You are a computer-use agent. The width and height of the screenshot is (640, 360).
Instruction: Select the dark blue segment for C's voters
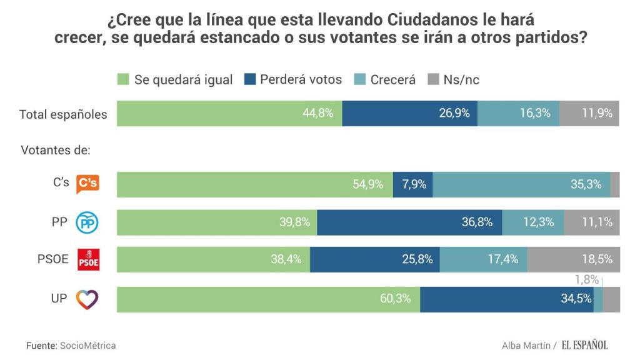412,184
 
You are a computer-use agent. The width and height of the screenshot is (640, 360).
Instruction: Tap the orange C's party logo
87,184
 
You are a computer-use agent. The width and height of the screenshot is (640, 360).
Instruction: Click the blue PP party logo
87,222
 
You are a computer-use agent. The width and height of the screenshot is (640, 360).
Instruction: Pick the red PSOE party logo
87,260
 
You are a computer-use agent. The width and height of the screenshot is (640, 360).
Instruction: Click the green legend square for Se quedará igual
123,79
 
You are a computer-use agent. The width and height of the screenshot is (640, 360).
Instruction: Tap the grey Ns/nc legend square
433,79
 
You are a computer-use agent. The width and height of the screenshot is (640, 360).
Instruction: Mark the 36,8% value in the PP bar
477,222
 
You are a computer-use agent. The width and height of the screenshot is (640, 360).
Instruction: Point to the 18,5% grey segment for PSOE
573,259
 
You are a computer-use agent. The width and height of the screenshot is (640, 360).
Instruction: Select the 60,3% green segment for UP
268,299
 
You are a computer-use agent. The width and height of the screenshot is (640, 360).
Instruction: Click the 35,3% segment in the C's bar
521,184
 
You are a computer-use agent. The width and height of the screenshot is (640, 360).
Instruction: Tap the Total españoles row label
63,114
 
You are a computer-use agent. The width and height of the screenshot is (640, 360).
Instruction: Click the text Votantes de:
56,151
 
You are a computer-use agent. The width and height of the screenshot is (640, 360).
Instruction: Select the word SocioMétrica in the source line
87,345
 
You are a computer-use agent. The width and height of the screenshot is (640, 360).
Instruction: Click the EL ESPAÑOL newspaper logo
584,345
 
